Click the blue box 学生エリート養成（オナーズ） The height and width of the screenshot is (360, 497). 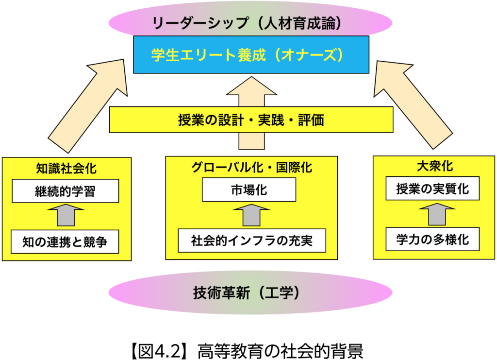(251, 54)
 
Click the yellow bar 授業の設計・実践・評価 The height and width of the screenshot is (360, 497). (251, 120)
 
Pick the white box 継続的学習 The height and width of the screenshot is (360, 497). (65, 191)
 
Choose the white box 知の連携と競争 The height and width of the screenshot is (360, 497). (65, 241)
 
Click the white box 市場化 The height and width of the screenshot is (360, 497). (248, 190)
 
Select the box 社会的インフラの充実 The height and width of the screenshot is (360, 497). (251, 240)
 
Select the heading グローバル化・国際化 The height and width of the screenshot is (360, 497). (251, 168)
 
